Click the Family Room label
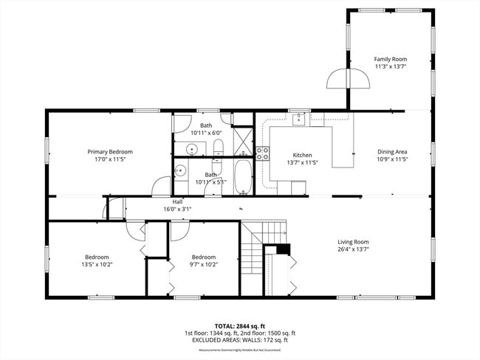390,59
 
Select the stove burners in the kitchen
262,153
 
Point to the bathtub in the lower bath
243,179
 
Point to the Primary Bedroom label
109,150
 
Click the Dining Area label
392,152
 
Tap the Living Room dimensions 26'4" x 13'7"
353,249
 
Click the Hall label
177,201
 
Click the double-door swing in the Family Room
347,78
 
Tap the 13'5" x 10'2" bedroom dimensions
96,264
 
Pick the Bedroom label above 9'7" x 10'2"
203,257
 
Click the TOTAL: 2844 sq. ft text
239,325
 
